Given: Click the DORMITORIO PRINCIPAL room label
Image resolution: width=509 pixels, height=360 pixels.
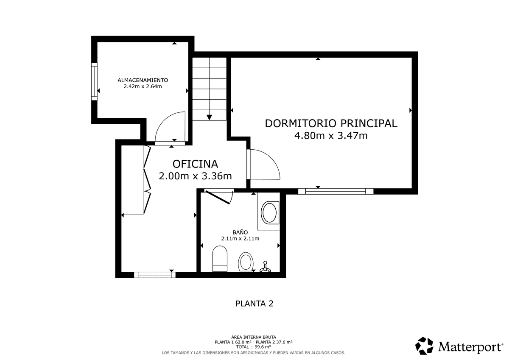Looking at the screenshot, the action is pyautogui.click(x=331, y=123).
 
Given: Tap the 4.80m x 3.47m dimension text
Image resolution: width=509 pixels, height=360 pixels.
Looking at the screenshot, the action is pyautogui.click(x=331, y=136).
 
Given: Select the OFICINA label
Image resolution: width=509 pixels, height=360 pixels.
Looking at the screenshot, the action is pyautogui.click(x=195, y=164).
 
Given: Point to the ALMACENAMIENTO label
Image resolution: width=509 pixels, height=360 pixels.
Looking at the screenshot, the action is pyautogui.click(x=143, y=80).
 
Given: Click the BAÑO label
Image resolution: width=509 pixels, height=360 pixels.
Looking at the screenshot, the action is pyautogui.click(x=240, y=232).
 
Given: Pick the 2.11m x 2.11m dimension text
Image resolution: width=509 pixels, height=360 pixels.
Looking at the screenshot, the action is pyautogui.click(x=240, y=238).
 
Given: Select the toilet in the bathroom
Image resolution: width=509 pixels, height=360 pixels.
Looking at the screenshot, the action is pyautogui.click(x=220, y=259).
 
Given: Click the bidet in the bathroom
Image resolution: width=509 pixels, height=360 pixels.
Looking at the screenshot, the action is pyautogui.click(x=246, y=262).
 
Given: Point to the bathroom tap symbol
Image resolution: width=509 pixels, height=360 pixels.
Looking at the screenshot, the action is pyautogui.click(x=265, y=267).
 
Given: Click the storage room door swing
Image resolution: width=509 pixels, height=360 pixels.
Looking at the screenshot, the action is pyautogui.click(x=170, y=127).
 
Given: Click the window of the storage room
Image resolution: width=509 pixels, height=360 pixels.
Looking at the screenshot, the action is pyautogui.click(x=94, y=81).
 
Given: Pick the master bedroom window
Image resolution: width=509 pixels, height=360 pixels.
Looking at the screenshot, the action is pyautogui.click(x=336, y=191).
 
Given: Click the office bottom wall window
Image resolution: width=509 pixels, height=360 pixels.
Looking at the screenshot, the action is pyautogui.click(x=155, y=275).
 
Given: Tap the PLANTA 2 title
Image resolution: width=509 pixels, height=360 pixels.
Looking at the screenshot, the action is pyautogui.click(x=255, y=304).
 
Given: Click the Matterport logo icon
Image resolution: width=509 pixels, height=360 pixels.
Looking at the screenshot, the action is pyautogui.click(x=424, y=346).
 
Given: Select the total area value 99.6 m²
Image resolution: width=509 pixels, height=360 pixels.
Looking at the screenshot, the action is pyautogui.click(x=263, y=347).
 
